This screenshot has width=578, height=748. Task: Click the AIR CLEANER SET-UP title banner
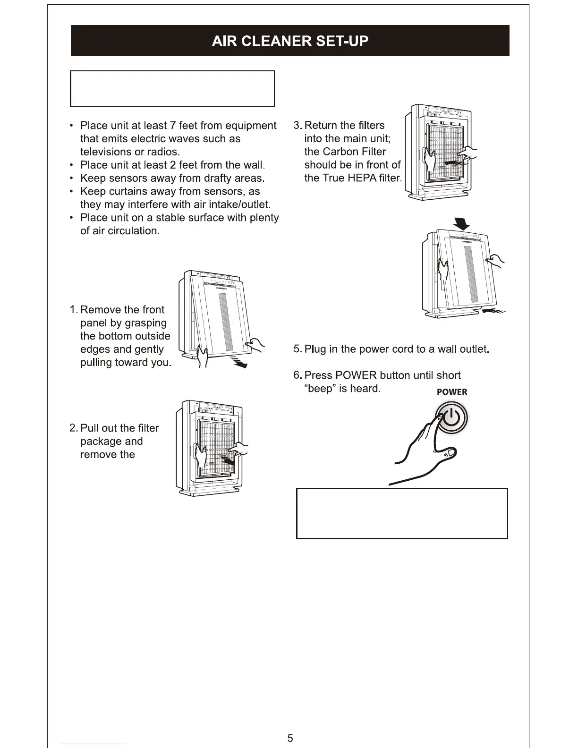(290, 41)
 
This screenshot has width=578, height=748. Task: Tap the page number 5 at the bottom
(290, 738)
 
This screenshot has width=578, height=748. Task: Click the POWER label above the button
(451, 392)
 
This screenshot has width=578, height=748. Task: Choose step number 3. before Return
(297, 126)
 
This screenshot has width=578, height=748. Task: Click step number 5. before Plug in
(297, 349)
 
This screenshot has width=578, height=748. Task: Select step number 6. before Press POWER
(297, 375)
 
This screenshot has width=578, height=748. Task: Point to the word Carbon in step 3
(340, 152)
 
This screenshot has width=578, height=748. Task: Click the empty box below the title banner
(172, 89)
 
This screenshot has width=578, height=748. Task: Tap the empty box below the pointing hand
(402, 513)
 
